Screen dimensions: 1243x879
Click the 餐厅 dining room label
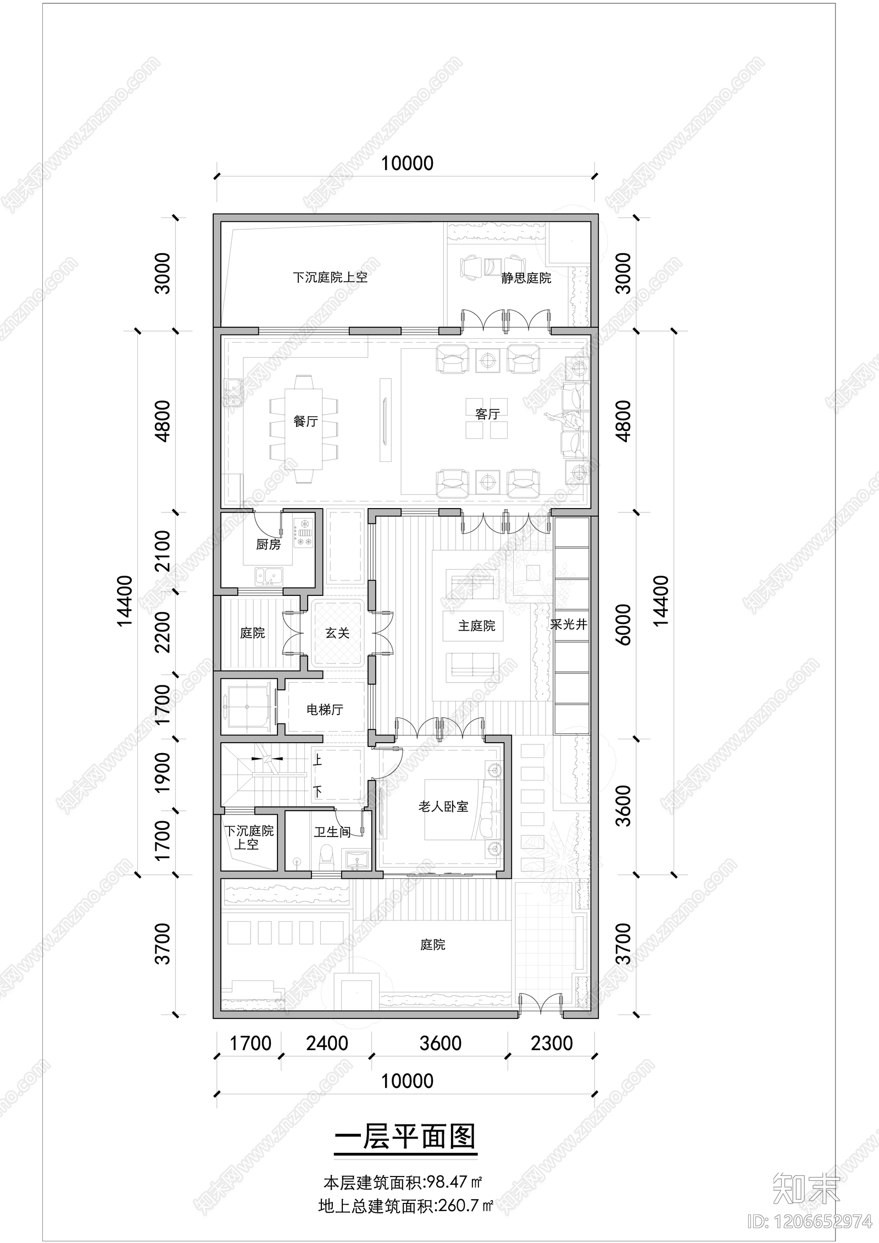[305, 421]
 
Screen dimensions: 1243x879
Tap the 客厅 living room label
[487, 414]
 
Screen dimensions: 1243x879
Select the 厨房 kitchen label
[268, 544]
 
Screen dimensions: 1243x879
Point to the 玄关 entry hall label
[337, 633]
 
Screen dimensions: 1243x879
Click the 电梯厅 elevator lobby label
[325, 710]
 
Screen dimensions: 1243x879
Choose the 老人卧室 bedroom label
[443, 806]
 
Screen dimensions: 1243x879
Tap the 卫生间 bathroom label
[332, 832]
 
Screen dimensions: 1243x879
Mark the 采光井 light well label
[569, 625]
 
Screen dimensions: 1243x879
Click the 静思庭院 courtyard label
[526, 278]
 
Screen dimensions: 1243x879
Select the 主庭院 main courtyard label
[476, 626]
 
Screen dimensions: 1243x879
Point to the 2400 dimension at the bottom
[327, 1043]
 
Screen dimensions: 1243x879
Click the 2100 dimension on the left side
[163, 551]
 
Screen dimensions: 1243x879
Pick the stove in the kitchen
[304, 532]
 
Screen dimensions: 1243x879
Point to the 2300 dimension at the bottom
[552, 1043]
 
